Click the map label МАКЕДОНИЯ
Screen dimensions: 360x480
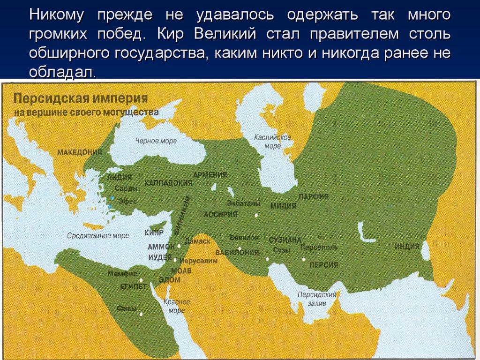click(x=80, y=152)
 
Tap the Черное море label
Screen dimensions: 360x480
click(x=156, y=141)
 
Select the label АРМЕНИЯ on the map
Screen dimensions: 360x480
click(x=210, y=175)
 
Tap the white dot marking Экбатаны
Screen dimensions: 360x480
click(x=256, y=216)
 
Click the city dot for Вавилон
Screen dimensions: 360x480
click(x=240, y=249)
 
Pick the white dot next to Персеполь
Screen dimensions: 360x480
click(x=304, y=259)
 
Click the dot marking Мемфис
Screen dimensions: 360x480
click(x=141, y=280)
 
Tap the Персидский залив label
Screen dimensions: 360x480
click(x=317, y=299)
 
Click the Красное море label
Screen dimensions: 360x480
click(x=177, y=306)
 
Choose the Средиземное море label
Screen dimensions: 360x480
click(x=97, y=236)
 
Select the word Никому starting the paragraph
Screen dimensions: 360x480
click(x=57, y=15)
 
